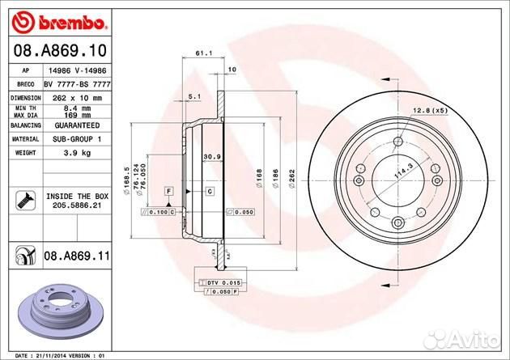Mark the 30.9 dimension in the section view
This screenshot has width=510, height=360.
click(212, 156)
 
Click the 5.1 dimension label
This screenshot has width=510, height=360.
click(193, 97)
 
